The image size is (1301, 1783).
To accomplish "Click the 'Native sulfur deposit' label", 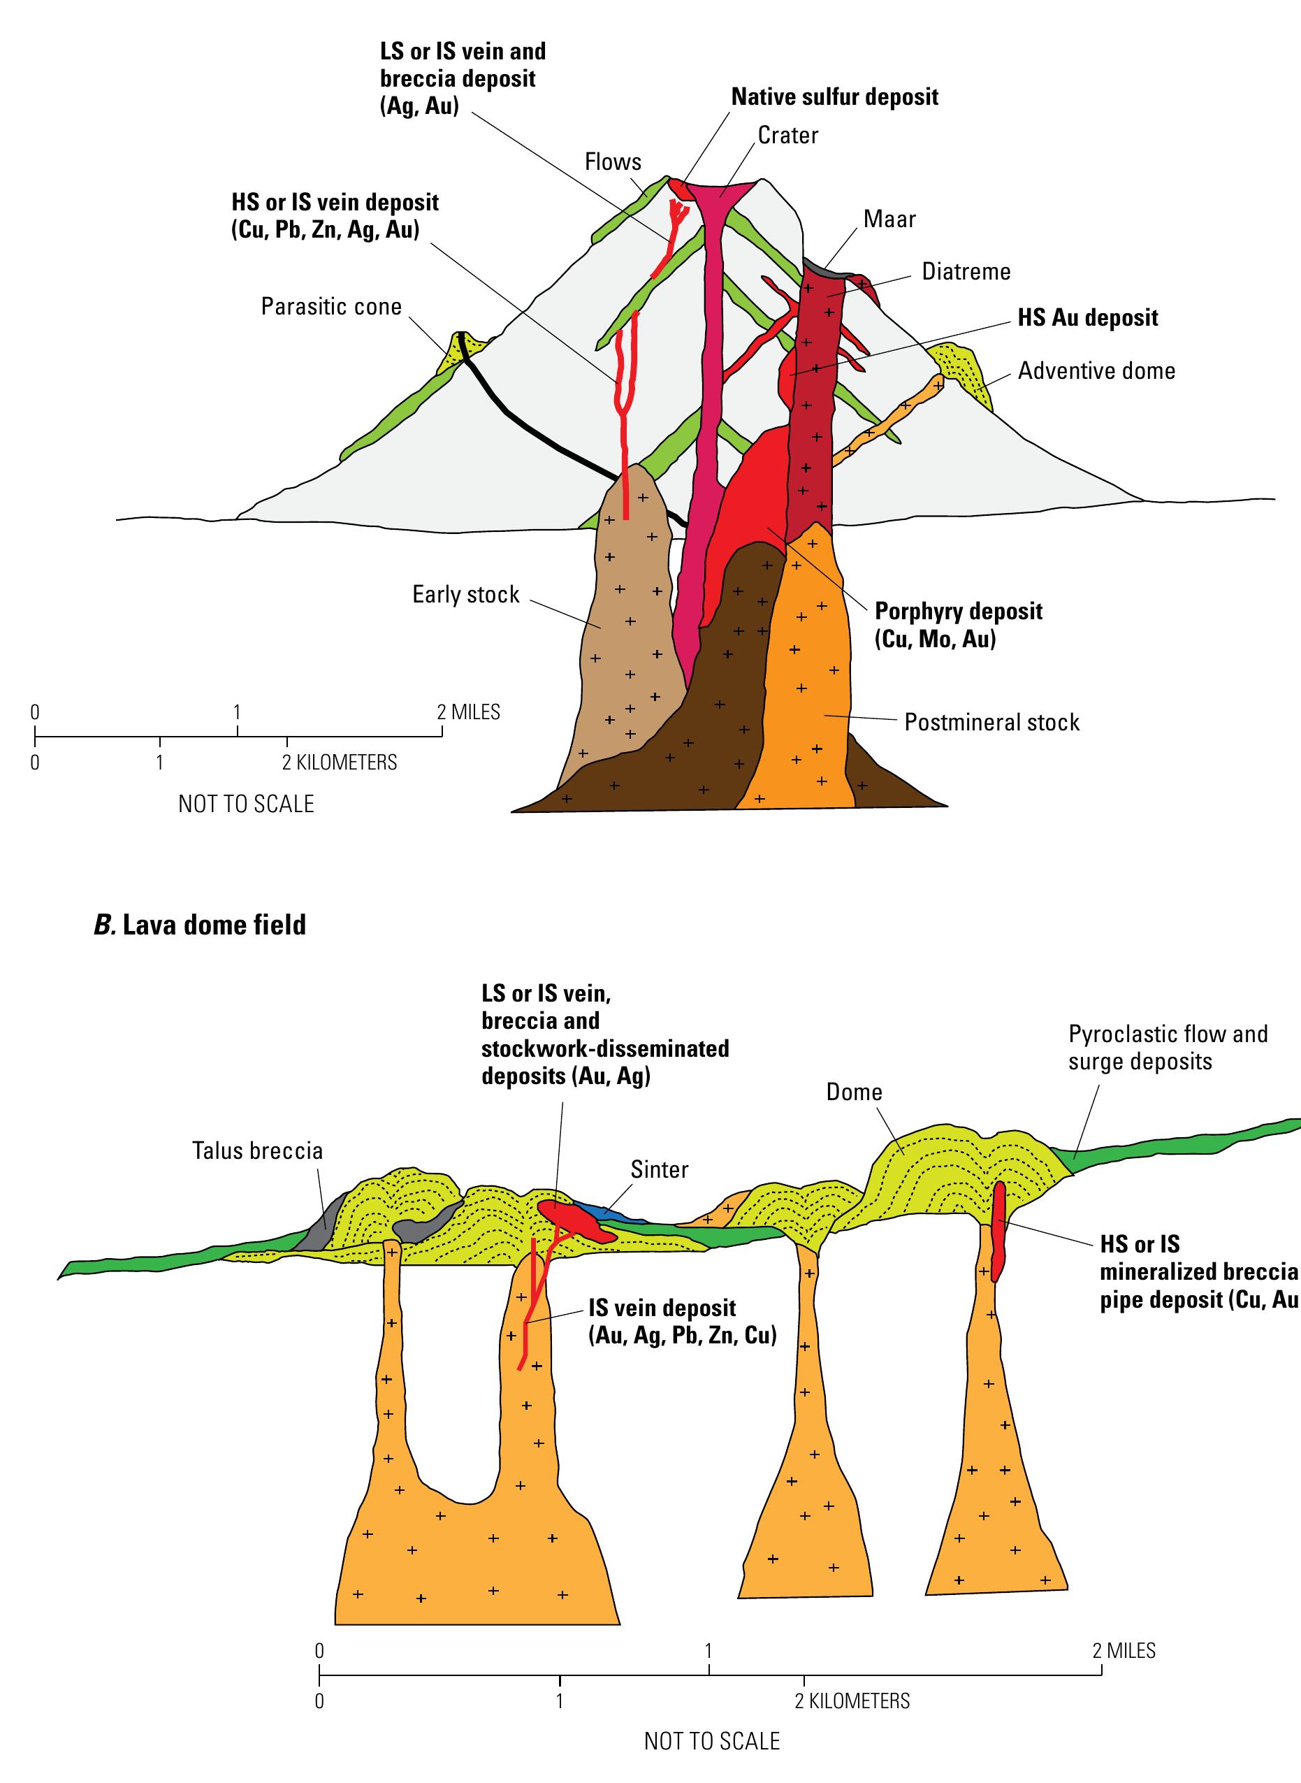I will tap(835, 97).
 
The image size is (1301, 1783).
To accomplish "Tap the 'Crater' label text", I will tap(787, 136).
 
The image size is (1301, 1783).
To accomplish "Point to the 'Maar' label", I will tap(890, 218).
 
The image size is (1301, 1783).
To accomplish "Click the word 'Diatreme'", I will tap(966, 272).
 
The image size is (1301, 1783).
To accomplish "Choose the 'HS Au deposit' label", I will tap(1088, 317).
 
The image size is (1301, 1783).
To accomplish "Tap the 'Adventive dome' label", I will tap(1096, 370).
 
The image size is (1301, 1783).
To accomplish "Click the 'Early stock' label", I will tap(465, 594).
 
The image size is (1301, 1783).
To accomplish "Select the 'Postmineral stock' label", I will tap(991, 722).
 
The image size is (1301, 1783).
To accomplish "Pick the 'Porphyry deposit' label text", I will tap(959, 612).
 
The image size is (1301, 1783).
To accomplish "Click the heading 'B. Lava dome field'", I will tap(199, 924).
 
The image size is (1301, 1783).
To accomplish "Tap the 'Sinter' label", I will tap(659, 1169).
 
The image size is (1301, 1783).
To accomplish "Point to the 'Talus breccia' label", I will tap(258, 1150).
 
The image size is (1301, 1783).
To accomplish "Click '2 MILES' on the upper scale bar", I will tap(469, 712).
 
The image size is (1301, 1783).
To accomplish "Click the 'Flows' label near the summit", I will tap(613, 162).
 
